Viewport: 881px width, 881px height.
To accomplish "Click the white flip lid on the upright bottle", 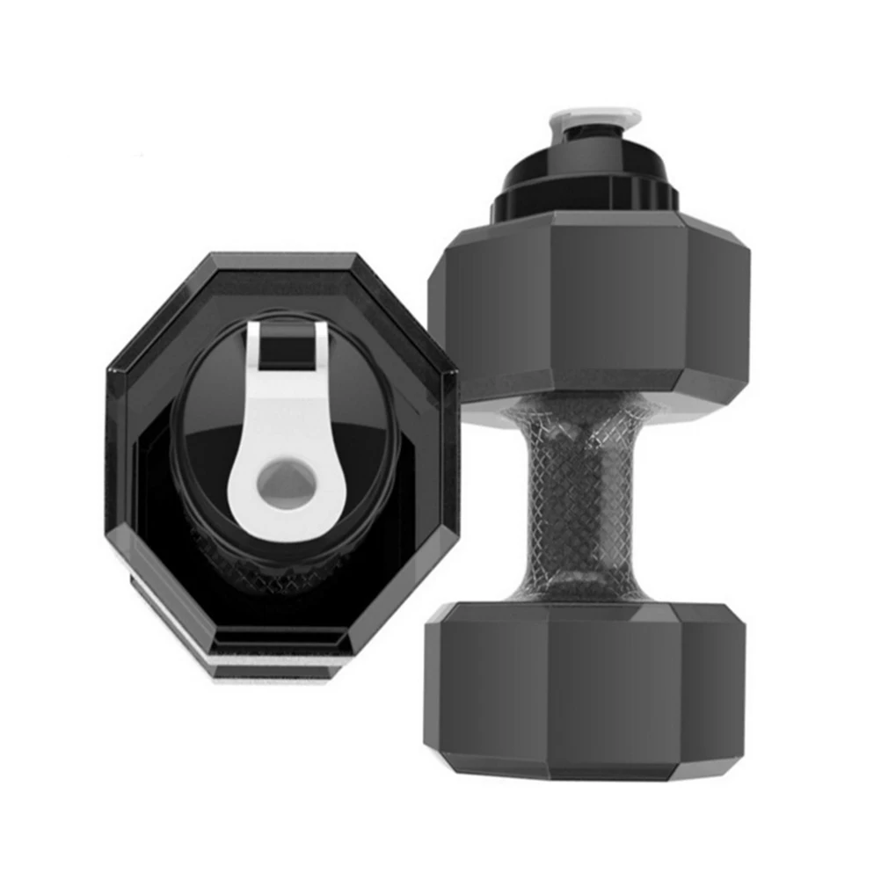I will (594, 115).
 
